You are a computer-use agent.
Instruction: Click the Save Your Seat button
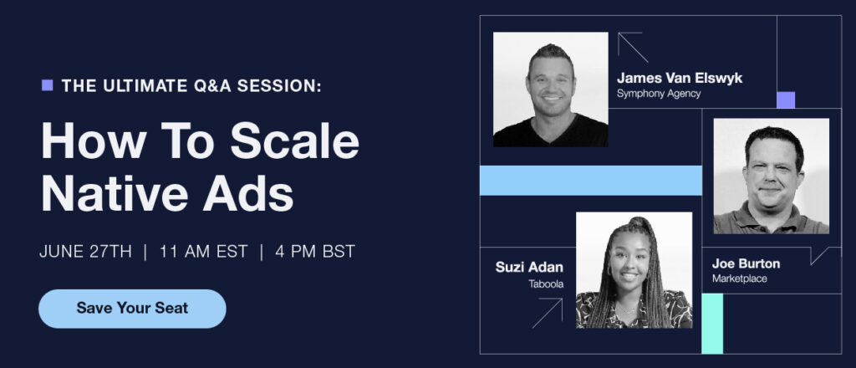click(132, 309)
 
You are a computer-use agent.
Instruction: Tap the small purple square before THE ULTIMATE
click(48, 85)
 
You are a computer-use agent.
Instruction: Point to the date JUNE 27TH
click(86, 252)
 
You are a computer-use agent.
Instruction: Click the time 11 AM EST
click(204, 252)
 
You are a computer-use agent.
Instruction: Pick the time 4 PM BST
click(315, 252)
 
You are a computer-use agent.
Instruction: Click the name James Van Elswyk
click(680, 78)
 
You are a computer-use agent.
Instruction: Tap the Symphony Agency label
click(659, 94)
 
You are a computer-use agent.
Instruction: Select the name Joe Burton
click(746, 263)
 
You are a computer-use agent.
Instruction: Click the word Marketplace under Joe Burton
click(739, 279)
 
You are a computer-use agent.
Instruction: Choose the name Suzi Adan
click(529, 267)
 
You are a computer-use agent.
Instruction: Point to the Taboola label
click(546, 284)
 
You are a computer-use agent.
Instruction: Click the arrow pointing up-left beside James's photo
click(633, 48)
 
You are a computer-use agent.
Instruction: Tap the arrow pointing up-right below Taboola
click(547, 313)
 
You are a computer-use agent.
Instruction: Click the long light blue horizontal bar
click(591, 180)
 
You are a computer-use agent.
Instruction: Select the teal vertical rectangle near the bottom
click(712, 324)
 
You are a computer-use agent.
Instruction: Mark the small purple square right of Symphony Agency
click(786, 100)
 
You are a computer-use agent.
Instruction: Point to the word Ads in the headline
click(248, 193)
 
